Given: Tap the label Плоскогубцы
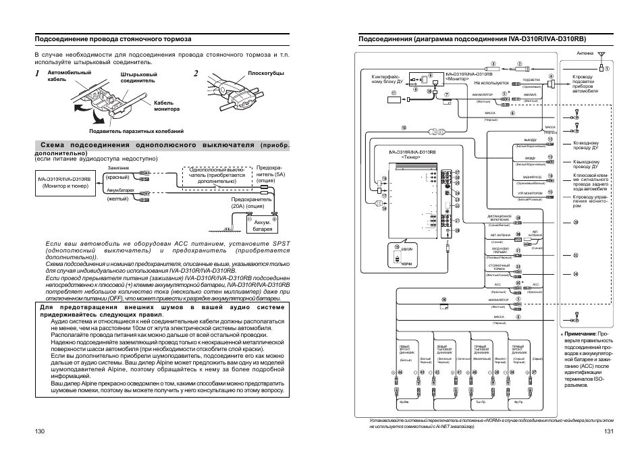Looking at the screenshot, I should click(x=266, y=73).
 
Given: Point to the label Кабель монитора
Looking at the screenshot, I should click(x=167, y=106).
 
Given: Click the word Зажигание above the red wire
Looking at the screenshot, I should click(x=117, y=167).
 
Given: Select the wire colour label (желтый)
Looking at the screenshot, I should click(x=117, y=198).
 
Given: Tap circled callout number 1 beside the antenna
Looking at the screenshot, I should click(x=607, y=68).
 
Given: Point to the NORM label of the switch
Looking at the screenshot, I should click(x=406, y=263).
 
